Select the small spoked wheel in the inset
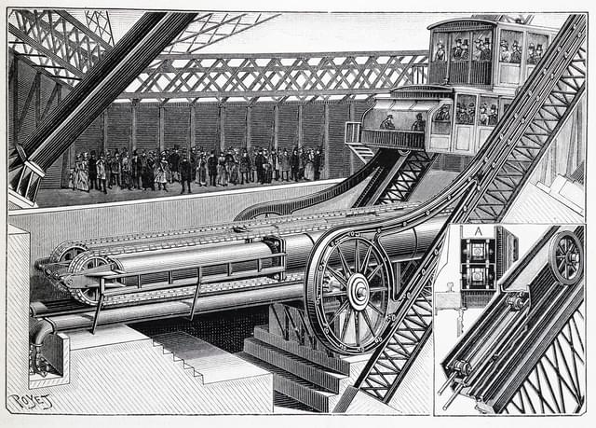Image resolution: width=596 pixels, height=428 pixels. click(x=566, y=256)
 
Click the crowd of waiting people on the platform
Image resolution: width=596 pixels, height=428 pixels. click(x=196, y=168)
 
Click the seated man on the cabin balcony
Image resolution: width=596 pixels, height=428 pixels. click(x=388, y=122)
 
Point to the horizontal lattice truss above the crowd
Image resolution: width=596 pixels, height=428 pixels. click(x=279, y=75)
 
